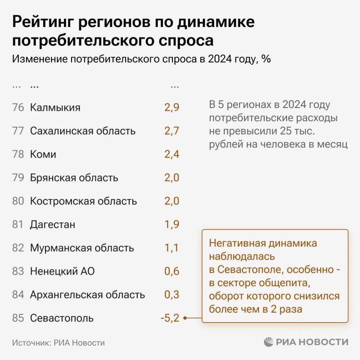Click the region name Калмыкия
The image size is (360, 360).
coord(55,108)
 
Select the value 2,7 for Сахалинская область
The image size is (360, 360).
coord(172,131)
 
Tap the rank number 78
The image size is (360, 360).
coord(18,154)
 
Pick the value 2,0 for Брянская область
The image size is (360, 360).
coord(172,178)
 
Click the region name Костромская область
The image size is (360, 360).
coord(83,201)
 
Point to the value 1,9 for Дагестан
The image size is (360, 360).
coord(172,225)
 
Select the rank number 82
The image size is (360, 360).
coord(18,248)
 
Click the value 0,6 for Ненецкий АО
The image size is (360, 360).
coord(172,271)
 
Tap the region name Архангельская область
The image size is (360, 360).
coord(87,295)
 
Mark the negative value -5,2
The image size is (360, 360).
coord(170,318)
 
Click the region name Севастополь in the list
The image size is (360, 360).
coord(62,318)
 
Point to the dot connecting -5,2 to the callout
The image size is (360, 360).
coord(185,318)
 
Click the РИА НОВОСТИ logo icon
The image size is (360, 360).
coord(269,342)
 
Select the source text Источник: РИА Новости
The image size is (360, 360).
coord(58,342)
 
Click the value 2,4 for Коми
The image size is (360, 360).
coord(172,154)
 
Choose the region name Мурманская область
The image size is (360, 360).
coord(82,248)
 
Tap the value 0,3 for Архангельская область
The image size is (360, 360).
coord(172,295)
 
